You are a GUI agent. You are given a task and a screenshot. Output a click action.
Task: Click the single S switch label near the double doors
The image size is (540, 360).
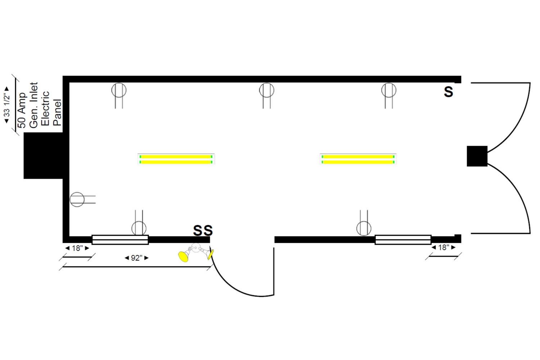click(448, 92)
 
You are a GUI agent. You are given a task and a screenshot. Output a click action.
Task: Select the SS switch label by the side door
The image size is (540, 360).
click(203, 230)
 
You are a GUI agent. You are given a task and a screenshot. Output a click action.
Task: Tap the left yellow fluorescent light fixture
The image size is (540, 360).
click(176, 159)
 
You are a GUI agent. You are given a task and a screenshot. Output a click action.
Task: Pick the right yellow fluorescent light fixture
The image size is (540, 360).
click(358, 159)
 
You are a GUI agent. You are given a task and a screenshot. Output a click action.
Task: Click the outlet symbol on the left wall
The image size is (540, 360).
click(77, 199)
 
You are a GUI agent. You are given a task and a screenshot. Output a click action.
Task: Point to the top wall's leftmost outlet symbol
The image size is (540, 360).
click(119, 91)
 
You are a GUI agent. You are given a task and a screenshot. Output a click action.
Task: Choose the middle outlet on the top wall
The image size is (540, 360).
click(266, 91)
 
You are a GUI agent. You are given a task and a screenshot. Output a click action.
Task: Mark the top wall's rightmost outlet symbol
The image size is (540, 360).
click(389, 91)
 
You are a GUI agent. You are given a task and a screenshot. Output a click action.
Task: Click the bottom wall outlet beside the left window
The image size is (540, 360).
click(139, 228)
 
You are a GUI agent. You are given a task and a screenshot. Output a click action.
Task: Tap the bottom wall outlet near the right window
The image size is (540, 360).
click(364, 228)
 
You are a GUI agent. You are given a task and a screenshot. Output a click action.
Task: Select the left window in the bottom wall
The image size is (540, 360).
click(120, 239)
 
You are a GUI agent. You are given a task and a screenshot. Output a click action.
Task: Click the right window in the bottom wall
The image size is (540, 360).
click(403, 239)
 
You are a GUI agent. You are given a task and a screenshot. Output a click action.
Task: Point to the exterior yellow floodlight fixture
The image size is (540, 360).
click(195, 252)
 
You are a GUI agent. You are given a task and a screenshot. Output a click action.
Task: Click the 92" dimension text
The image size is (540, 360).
click(136, 258)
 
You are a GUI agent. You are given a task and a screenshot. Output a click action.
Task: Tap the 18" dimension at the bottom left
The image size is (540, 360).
click(77, 248)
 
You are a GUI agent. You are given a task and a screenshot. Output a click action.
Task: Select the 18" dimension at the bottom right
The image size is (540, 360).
click(444, 247)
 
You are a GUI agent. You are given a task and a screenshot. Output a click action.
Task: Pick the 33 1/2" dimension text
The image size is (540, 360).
click(6, 105)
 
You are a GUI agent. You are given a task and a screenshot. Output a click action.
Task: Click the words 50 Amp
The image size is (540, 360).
click(22, 110)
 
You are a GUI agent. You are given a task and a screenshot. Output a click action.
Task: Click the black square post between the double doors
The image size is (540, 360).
click(477, 156)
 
